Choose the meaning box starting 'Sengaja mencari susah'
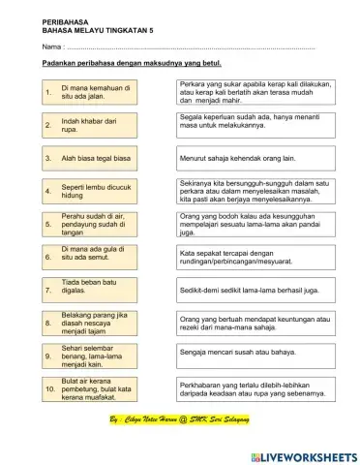pyautogui.click(x=255, y=355)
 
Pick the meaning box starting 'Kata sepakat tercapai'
pyautogui.click(x=255, y=256)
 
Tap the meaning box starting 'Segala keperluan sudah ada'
pyautogui.click(x=255, y=123)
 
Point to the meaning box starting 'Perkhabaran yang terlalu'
pyautogui.click(x=255, y=389)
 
